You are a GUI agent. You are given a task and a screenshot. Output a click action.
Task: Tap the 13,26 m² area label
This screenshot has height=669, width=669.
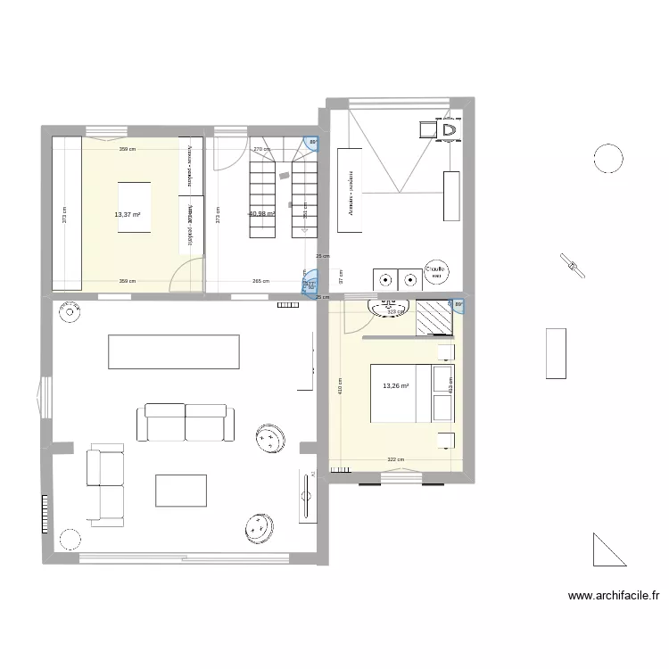click(395, 386)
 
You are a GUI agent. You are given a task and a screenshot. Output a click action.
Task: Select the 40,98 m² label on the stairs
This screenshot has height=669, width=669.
click(261, 214)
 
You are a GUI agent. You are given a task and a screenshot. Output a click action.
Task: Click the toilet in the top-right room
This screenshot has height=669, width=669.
click(449, 131)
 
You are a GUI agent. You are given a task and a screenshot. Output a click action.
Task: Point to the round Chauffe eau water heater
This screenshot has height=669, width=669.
click(436, 272)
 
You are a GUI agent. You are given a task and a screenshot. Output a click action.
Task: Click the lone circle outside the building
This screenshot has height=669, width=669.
click(608, 159)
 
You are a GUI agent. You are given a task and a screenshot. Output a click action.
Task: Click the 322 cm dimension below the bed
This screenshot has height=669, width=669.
click(395, 460)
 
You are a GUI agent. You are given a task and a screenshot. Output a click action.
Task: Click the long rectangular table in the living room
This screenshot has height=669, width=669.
click(174, 351)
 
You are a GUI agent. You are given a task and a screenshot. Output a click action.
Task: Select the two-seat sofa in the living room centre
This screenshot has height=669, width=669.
click(186, 422)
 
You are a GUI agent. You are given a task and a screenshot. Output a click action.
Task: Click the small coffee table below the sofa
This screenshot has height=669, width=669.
click(181, 492)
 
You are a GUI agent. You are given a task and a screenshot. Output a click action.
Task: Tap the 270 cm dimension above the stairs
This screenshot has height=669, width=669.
click(261, 150)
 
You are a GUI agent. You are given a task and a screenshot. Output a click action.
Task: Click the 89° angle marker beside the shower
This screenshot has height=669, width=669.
click(458, 305)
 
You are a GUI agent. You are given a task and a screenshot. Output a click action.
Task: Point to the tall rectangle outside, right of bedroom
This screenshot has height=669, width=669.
click(555, 353)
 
